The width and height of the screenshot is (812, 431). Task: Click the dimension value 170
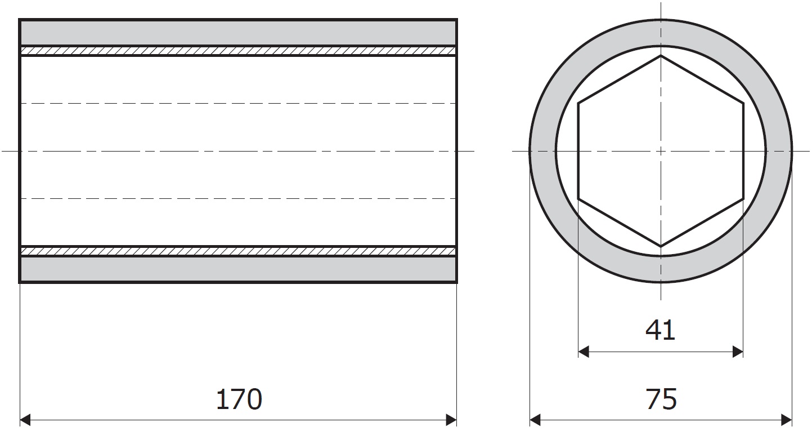(x=239, y=399)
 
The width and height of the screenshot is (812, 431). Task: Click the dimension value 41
(x=661, y=330)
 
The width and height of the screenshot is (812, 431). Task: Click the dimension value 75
(x=661, y=399)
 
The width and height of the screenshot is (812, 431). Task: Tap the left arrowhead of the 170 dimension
(x=25, y=420)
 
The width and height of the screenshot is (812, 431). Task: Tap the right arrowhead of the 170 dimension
(x=451, y=420)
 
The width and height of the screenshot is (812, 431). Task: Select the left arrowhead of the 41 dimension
(x=584, y=352)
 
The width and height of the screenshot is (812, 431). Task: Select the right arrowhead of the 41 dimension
(x=738, y=352)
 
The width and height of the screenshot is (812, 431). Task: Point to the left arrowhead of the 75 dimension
(x=535, y=420)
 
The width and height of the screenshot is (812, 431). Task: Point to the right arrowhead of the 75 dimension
(x=787, y=420)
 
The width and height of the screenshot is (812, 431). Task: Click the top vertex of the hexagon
(x=661, y=56)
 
